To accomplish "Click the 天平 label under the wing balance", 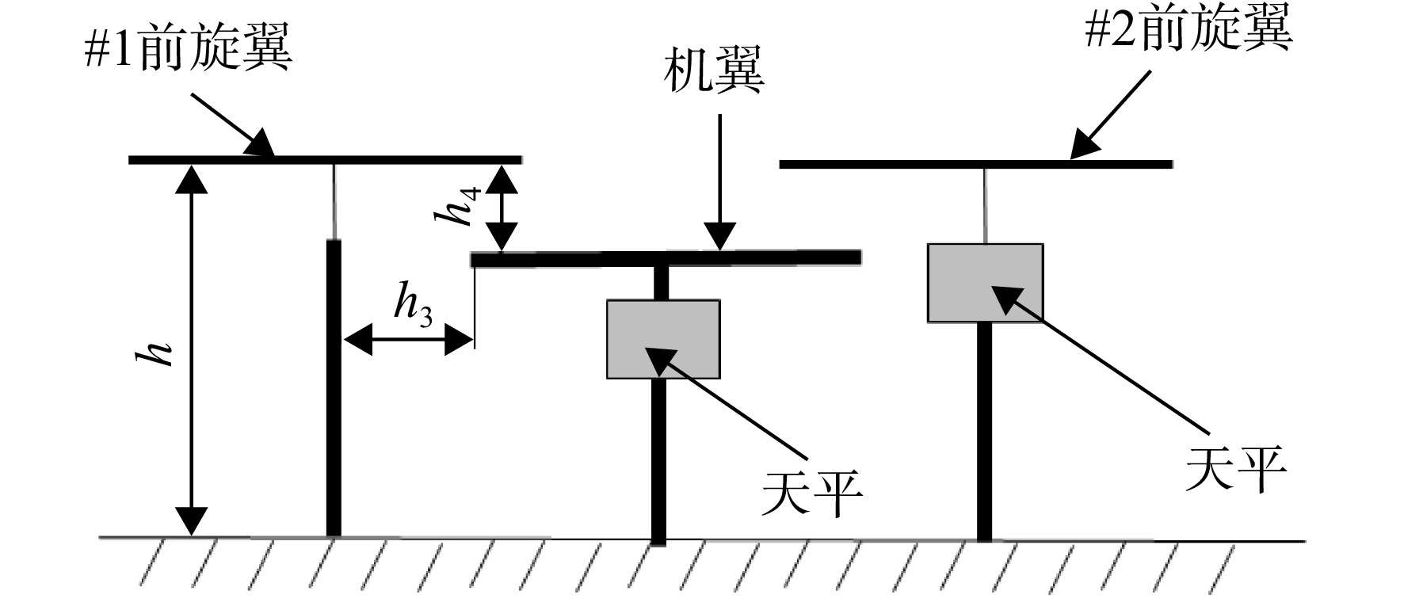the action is pos(811,494).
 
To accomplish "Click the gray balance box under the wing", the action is pos(663,339).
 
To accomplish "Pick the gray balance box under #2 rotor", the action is pos(985,283).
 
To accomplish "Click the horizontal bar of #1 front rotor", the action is pos(325,160).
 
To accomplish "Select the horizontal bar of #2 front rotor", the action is pos(976,164).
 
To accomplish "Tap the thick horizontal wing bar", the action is pos(666,258).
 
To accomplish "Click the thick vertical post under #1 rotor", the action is pos(334,388).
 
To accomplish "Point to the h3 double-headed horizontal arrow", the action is pos(408,342).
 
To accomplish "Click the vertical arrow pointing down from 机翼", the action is pos(720,182).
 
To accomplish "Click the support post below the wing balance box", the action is pos(658,462).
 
